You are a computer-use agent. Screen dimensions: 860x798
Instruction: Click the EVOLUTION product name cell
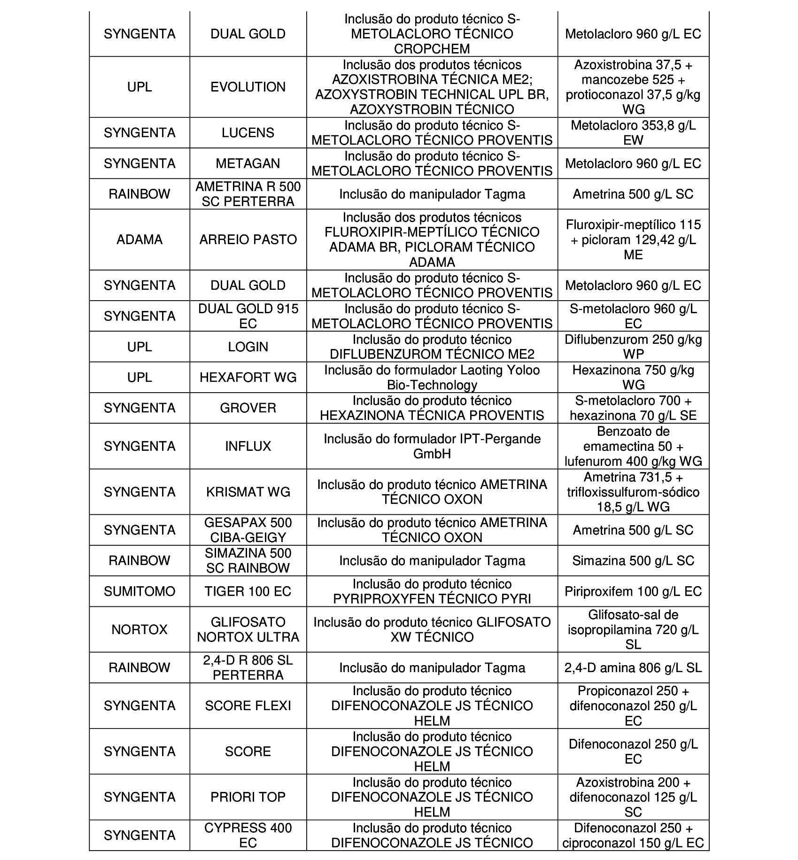[x=248, y=87]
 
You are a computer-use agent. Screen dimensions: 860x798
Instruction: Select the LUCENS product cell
[x=248, y=133]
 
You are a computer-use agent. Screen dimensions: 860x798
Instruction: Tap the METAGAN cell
[x=248, y=163]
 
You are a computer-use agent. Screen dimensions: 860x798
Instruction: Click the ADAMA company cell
[x=139, y=240]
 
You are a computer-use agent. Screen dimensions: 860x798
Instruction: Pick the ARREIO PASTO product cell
[x=248, y=240]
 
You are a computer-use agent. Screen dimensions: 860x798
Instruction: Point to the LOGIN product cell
[x=248, y=347]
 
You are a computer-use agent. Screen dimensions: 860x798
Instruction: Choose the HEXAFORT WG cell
[x=248, y=377]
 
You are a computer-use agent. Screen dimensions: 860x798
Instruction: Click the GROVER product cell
[x=248, y=408]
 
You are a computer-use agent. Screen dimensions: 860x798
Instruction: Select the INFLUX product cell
[x=248, y=446]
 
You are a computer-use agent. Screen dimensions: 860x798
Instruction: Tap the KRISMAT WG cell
[x=248, y=492]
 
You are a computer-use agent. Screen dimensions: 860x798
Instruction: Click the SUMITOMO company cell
[x=139, y=591]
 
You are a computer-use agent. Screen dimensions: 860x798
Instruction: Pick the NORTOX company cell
[x=139, y=629]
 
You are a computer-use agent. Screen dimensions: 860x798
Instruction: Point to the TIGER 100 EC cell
[x=248, y=591]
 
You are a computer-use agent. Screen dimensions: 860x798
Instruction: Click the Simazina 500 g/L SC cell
[x=633, y=560]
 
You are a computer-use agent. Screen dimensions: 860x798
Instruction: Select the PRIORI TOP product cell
[x=248, y=797]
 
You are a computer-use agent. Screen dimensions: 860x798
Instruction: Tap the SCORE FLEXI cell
[x=248, y=705]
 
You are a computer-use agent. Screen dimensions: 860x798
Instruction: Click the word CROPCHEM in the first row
[x=432, y=49]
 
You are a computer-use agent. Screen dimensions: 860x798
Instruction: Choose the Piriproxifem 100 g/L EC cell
[x=633, y=591]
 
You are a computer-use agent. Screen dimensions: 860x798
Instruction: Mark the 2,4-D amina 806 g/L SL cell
[x=633, y=667]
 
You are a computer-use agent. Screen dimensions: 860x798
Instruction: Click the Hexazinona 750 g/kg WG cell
[x=633, y=377]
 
